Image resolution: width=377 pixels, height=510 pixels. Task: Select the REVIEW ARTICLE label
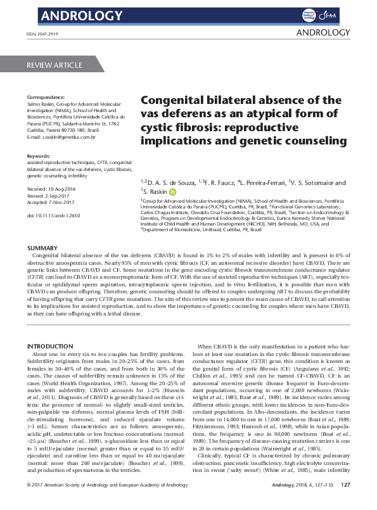pos(54,65)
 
